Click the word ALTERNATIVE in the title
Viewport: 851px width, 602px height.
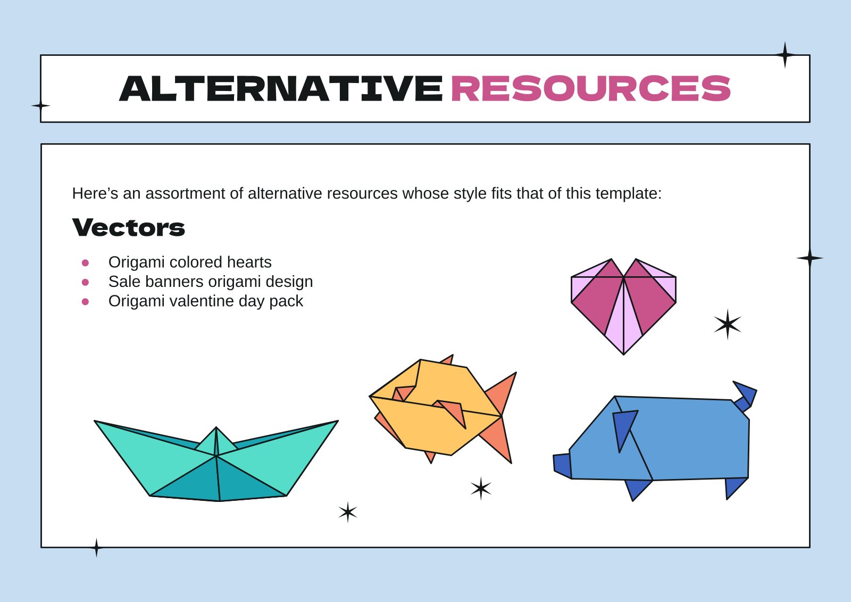(x=281, y=89)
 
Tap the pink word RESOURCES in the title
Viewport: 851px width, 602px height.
(x=590, y=89)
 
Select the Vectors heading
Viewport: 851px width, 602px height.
(x=129, y=228)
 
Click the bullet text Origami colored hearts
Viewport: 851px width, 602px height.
(x=190, y=262)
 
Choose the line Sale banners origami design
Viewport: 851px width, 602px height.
(x=211, y=282)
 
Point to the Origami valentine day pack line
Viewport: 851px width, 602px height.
(x=205, y=301)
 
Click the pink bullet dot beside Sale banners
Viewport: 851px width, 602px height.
(x=85, y=282)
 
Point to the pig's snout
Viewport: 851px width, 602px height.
(x=562, y=465)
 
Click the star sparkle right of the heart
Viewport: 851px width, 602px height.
(x=727, y=324)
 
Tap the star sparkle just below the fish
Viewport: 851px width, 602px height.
(x=481, y=488)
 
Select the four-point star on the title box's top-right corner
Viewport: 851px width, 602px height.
(x=785, y=55)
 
